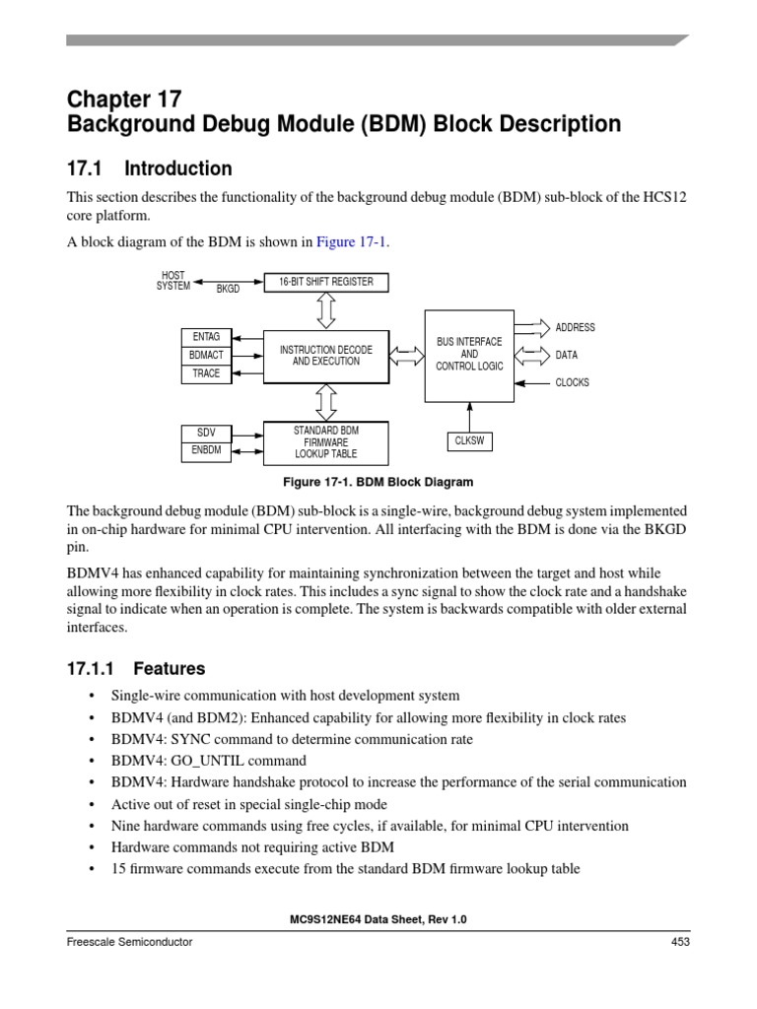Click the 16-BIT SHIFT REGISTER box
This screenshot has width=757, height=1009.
(325, 282)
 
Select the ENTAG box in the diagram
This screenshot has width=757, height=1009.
(206, 337)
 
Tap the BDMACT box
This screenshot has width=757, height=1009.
(206, 356)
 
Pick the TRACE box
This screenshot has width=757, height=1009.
(206, 373)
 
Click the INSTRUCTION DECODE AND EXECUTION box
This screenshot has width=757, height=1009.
(326, 356)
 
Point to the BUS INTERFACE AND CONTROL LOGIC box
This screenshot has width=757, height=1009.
(469, 355)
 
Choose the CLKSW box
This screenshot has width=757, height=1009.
(469, 440)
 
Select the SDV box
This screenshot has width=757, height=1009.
(206, 434)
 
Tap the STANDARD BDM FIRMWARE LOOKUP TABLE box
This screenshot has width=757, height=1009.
(326, 442)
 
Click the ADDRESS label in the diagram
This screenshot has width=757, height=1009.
(576, 327)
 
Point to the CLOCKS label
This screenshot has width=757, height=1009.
(573, 382)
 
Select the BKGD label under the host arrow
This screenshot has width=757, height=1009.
(228, 290)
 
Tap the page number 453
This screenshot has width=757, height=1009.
(680, 942)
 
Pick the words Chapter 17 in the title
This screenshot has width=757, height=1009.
(124, 99)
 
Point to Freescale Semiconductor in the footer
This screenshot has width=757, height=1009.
(129, 942)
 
